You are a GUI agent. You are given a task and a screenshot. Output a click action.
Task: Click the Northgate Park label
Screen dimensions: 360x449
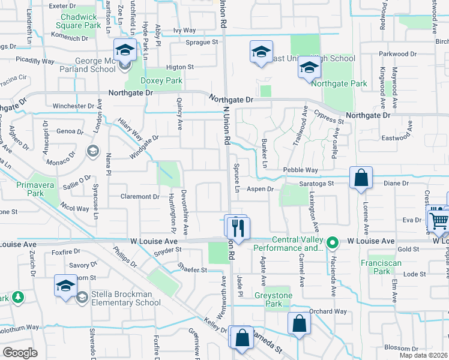coord(345,83)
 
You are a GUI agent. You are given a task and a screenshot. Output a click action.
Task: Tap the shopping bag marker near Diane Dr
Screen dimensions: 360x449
coord(361,178)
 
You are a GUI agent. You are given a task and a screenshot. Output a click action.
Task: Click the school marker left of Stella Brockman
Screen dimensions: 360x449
coord(65,286)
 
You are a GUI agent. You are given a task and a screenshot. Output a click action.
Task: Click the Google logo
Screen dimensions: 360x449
coord(20,353)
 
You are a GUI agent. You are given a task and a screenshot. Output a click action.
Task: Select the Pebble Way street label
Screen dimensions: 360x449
coord(301,170)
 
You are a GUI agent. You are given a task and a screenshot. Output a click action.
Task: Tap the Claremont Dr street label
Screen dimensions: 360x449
coord(139,196)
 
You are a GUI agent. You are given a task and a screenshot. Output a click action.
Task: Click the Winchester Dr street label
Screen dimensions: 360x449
coord(73,106)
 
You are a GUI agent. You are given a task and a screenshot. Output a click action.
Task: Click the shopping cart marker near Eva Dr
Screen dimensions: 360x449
coord(439,220)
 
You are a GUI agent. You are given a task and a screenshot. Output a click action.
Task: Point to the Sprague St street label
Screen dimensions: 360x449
coord(202,43)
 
